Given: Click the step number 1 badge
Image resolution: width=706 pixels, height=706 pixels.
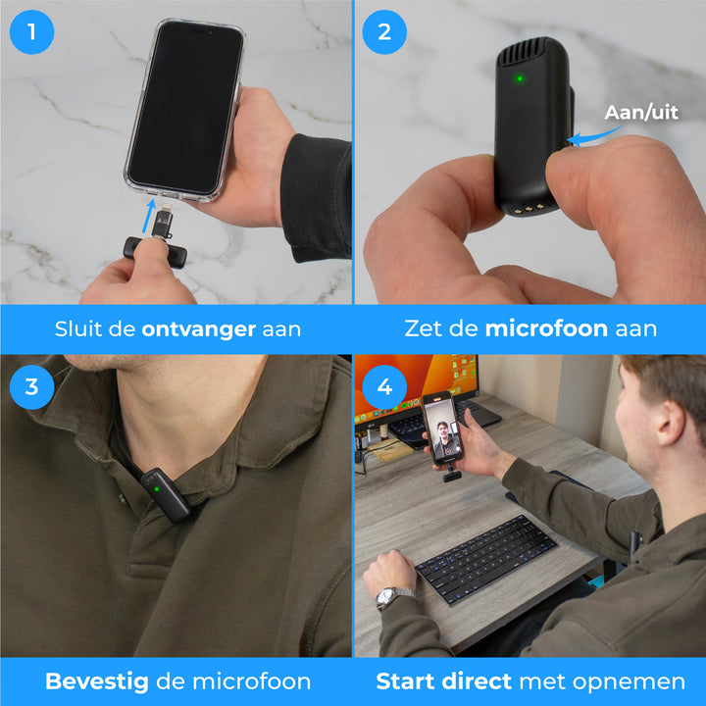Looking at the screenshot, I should (31, 31).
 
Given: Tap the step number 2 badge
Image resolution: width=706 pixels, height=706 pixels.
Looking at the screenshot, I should (384, 31).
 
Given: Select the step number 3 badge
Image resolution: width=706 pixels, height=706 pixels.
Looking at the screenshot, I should (31, 385).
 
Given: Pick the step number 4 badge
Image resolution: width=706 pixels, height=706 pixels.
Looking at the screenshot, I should (384, 385).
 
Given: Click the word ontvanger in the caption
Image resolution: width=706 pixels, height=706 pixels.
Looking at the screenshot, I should (199, 329).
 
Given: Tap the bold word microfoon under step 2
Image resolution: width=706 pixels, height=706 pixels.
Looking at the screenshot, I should (546, 329).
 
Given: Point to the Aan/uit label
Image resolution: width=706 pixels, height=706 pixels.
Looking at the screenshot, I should (641, 113).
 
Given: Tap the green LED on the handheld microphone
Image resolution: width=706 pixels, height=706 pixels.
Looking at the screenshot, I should (520, 78).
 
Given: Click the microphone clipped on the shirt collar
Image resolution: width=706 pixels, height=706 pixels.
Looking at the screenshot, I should (163, 493).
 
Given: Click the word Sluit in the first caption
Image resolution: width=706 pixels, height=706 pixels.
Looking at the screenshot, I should (79, 329).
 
